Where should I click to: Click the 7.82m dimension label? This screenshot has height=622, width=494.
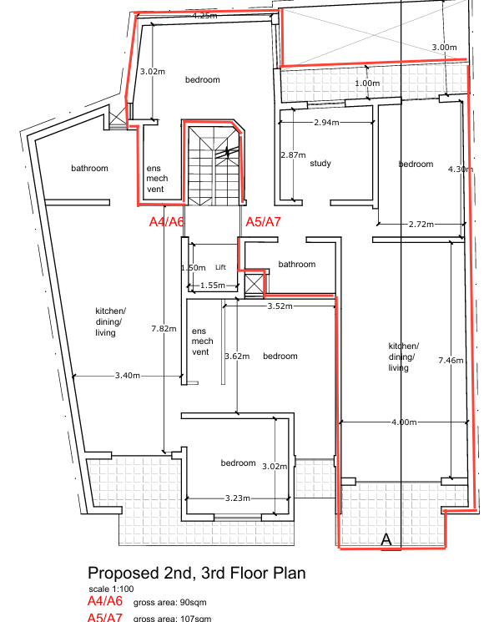click(164, 328)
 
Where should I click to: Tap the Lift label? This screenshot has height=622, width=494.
click(220, 267)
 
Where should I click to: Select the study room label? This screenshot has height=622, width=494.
click(320, 163)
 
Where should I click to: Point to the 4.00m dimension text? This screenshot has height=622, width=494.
click(404, 422)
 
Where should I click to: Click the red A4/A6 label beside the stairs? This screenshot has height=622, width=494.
click(167, 222)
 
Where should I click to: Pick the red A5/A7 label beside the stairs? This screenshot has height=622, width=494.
click(263, 222)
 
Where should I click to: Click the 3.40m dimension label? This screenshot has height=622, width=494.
click(128, 375)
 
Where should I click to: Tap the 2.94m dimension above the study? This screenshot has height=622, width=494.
click(326, 122)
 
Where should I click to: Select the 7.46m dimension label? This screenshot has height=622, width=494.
click(451, 360)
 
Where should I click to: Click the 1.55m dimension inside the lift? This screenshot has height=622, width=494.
click(213, 286)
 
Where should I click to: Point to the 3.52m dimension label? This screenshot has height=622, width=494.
click(280, 306)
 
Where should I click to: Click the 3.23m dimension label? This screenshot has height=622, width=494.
click(238, 498)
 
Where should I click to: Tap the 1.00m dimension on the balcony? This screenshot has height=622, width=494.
click(367, 83)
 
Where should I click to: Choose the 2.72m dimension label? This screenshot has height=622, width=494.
click(421, 224)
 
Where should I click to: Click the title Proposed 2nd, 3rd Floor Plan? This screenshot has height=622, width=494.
click(197, 574)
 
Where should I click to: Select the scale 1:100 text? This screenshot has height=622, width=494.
click(111, 589)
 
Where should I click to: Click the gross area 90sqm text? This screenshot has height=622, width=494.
click(169, 603)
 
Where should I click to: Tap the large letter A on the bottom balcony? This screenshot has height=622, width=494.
click(386, 540)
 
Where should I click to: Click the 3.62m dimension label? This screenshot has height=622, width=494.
click(237, 357)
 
